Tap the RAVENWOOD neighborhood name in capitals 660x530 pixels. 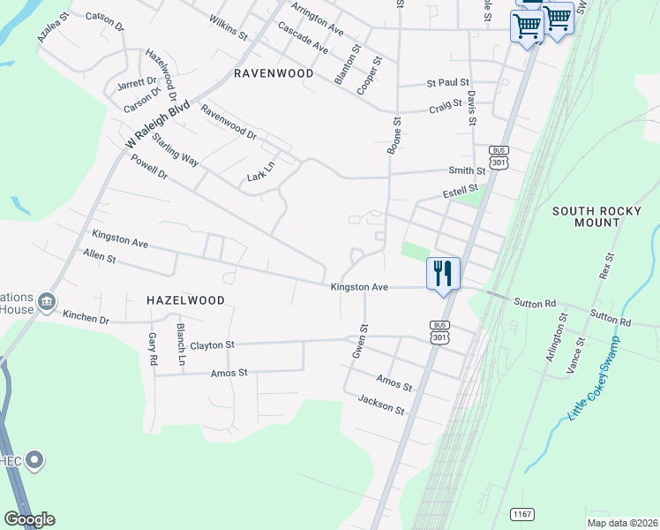pyautogui.click(x=274, y=73)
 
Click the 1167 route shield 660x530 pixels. pyautogui.click(x=522, y=513)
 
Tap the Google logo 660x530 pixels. pyautogui.click(x=29, y=519)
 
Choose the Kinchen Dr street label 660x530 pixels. pyautogui.click(x=86, y=317)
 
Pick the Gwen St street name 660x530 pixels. pyautogui.click(x=359, y=341)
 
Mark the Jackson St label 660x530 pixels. pyautogui.click(x=381, y=405)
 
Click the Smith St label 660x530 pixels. pyautogui.click(x=467, y=170)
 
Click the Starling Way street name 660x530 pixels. pyautogui.click(x=175, y=149)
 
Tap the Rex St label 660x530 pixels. pyautogui.click(x=605, y=264)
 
